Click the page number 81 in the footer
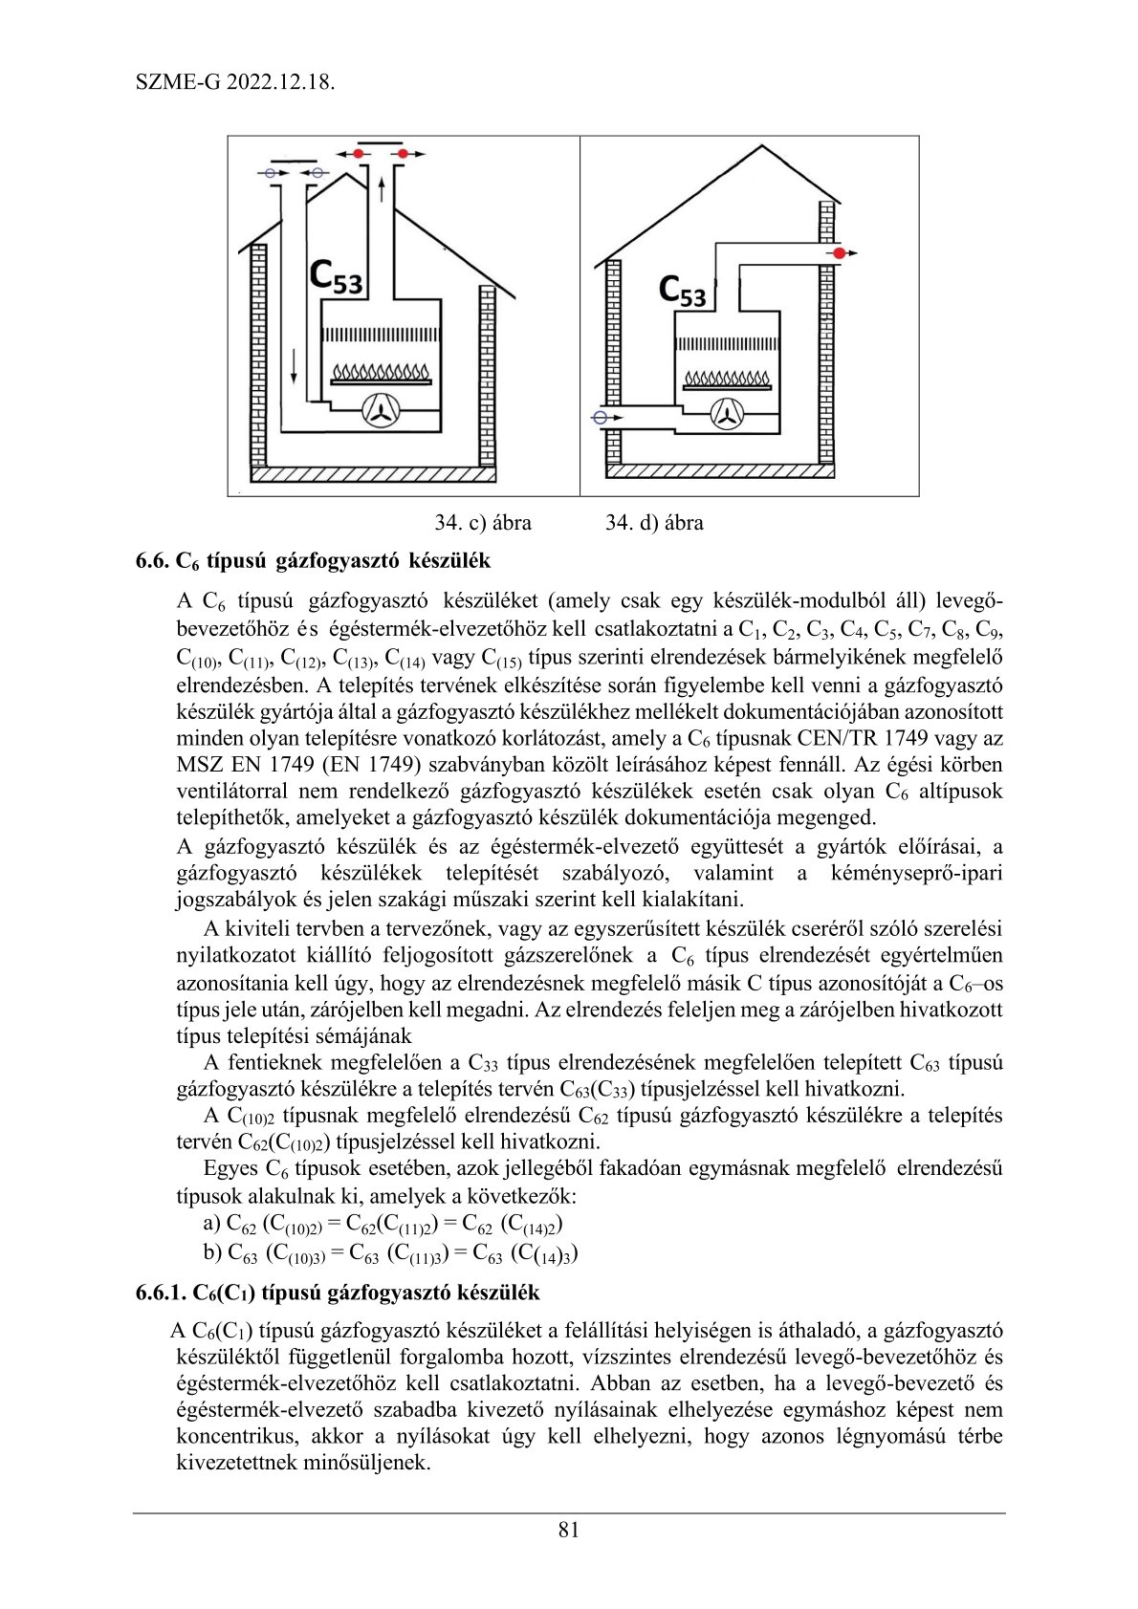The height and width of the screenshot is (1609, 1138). click(568, 1530)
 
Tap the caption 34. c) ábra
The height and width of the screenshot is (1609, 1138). click(483, 523)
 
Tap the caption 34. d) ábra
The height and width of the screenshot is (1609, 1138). click(654, 523)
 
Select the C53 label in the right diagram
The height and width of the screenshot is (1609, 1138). click(683, 290)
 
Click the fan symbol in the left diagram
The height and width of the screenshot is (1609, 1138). click(383, 411)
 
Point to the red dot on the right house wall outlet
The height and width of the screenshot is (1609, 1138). click(839, 253)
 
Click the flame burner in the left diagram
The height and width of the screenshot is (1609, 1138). click(381, 372)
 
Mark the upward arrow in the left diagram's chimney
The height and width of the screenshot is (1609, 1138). click(383, 188)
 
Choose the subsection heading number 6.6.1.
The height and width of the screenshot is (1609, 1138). click(160, 1293)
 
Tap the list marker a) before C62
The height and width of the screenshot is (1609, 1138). click(212, 1223)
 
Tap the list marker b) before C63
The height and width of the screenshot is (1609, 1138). click(212, 1252)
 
